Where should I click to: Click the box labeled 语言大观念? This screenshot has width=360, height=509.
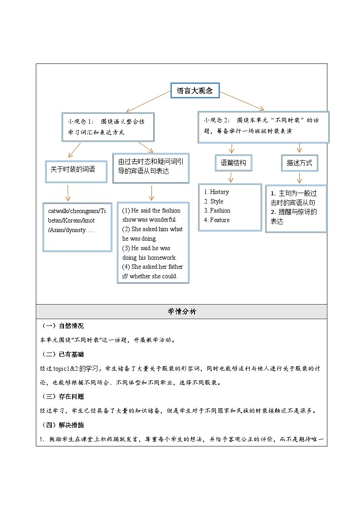[x=195, y=91]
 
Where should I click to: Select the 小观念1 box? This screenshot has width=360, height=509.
[x=108, y=127]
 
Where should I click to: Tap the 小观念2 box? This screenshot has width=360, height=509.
[x=263, y=127]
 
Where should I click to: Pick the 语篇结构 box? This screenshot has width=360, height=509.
[x=233, y=163]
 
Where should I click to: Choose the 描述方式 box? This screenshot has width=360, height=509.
[x=299, y=163]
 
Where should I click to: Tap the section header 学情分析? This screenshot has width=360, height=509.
[x=181, y=312]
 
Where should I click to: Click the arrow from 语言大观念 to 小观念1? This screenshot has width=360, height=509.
[x=148, y=102]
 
